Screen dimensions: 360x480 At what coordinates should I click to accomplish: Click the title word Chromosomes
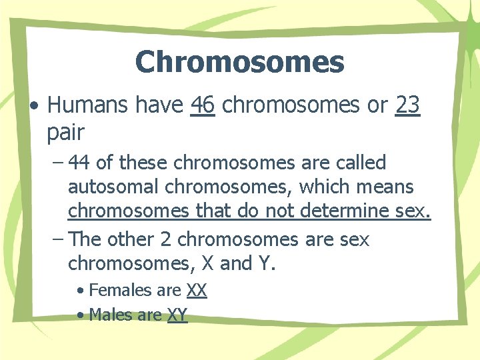tap(239, 63)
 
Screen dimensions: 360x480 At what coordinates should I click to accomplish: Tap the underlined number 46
tap(202, 105)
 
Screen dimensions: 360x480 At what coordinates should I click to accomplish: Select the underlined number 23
tap(407, 105)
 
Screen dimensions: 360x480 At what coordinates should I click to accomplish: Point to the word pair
tap(65, 133)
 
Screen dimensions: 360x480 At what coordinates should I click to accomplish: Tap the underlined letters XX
tap(197, 290)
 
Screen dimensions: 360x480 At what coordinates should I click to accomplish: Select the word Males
tap(110, 314)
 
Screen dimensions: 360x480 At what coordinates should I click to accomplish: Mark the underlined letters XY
tap(177, 314)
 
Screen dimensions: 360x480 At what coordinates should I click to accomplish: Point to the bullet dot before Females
tap(80, 291)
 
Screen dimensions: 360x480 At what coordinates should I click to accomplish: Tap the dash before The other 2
tap(57, 239)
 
